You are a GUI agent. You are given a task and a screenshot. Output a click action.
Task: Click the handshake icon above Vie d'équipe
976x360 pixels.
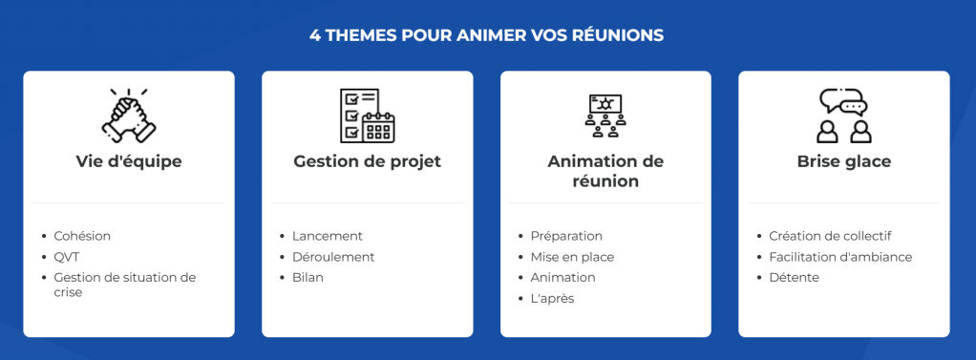coord(128,114)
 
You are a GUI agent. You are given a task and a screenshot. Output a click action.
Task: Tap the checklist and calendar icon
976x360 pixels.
coord(367,115)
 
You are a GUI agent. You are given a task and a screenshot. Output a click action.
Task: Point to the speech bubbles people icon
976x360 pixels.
coord(843,115)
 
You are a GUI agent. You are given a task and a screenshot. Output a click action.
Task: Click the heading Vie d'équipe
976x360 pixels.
coord(129,161)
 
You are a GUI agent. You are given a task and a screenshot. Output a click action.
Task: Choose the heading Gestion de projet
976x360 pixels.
coord(367,161)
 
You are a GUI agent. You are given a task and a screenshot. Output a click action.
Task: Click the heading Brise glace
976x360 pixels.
coord(844,161)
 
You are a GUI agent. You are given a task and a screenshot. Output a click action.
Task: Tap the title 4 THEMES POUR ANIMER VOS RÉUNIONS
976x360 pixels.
coord(487,35)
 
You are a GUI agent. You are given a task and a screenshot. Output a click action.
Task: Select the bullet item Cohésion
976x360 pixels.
coord(82,236)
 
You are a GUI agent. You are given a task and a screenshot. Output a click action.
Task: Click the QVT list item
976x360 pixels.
coord(66,257)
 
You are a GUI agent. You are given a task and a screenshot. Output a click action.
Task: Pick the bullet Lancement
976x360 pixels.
coord(328,236)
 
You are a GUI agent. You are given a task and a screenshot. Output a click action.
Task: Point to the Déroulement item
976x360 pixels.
coord(333,257)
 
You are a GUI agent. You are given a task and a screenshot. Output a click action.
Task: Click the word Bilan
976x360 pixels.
coord(308,278)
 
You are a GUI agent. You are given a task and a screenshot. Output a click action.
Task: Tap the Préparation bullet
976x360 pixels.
coord(566,236)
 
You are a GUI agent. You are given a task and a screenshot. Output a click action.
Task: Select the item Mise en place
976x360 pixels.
coord(572,257)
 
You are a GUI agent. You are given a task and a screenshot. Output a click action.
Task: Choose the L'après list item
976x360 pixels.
coord(552,299)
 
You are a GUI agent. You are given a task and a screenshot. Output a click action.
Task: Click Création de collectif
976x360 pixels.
coord(830,236)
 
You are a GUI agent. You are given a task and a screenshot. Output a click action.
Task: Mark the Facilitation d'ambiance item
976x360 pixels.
coord(840,257)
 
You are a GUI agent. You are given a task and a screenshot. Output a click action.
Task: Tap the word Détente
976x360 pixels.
coord(794,278)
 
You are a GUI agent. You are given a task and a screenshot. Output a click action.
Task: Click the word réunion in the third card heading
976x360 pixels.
coord(605,181)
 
